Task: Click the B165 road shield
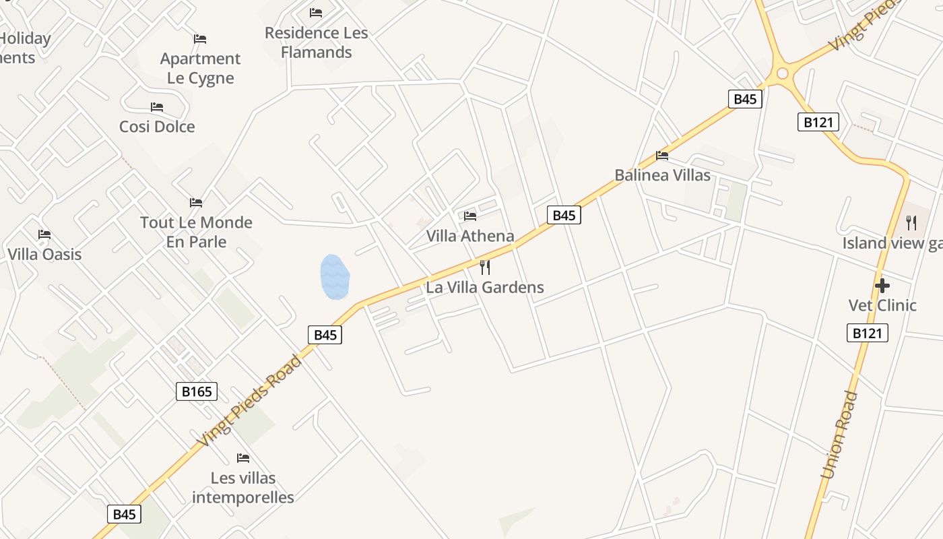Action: click(x=197, y=391)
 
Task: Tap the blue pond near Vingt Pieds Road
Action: click(x=335, y=277)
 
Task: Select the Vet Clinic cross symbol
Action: click(x=882, y=286)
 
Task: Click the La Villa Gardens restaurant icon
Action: click(x=485, y=267)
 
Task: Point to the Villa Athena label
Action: click(x=470, y=236)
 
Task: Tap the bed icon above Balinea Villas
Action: click(x=662, y=156)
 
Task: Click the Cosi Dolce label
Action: click(x=157, y=127)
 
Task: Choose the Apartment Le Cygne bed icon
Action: click(x=200, y=39)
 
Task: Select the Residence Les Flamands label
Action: click(x=317, y=42)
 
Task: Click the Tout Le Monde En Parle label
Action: click(x=196, y=232)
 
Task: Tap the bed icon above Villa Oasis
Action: click(x=44, y=234)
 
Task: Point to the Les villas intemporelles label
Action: click(x=243, y=488)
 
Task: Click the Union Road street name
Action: click(x=839, y=435)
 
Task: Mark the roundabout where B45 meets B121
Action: click(x=781, y=73)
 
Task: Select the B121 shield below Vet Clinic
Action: click(x=867, y=333)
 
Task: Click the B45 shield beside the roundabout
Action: click(x=744, y=99)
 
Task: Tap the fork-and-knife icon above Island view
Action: click(x=911, y=222)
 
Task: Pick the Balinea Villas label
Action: click(x=662, y=175)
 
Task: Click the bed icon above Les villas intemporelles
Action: click(x=243, y=458)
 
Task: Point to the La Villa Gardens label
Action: click(x=485, y=287)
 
